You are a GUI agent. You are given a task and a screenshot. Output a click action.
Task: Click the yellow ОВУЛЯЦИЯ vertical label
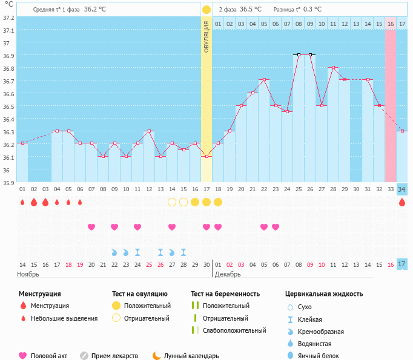[206, 36]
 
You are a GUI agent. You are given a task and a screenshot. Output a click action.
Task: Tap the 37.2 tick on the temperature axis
[8, 18]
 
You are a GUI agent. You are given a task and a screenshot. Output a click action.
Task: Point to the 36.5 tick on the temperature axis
[8, 106]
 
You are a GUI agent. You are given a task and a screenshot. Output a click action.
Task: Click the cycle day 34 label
[401, 189]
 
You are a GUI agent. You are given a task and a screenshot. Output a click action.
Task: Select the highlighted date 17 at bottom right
[401, 264]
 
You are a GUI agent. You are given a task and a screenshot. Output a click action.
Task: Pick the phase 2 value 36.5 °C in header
[251, 10]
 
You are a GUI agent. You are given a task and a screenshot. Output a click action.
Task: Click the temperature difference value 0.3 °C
[312, 10]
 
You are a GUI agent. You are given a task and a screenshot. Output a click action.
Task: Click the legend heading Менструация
[39, 294]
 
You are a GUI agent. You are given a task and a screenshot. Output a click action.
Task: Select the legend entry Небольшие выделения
[64, 318]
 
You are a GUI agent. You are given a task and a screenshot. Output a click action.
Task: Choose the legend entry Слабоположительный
[234, 330]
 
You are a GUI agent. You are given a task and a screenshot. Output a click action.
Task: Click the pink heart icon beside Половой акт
[23, 356]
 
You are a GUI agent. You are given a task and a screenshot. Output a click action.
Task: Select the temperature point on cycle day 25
[298, 54]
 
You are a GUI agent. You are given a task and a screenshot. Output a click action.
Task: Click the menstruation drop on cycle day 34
[402, 202]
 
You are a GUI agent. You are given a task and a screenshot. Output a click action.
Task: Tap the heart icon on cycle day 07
[91, 227]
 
